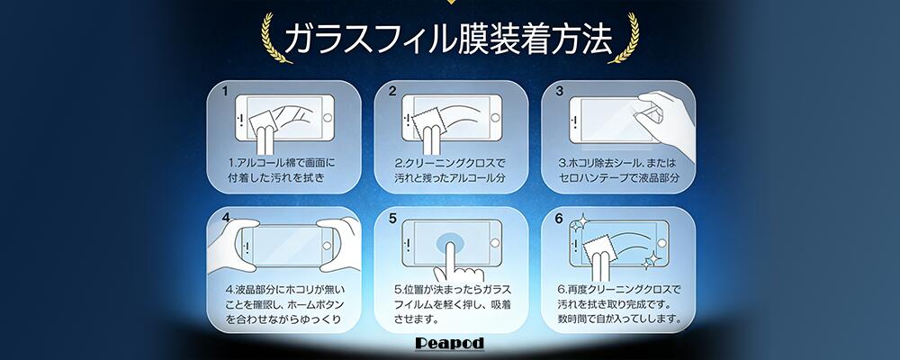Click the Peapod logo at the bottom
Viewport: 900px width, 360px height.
(449, 344)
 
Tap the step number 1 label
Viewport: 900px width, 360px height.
(226, 91)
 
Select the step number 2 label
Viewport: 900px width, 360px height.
(392, 91)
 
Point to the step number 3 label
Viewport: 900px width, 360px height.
(560, 91)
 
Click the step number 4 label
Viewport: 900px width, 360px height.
(226, 218)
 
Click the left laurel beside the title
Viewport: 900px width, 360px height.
(274, 38)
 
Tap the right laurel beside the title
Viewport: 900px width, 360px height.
(625, 38)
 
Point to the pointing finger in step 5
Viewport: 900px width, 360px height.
(453, 263)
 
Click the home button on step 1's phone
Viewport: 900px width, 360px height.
(328, 118)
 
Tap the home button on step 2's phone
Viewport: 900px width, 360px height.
(494, 118)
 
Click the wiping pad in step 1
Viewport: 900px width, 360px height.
(265, 123)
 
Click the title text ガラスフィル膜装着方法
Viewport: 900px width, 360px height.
(448, 39)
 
